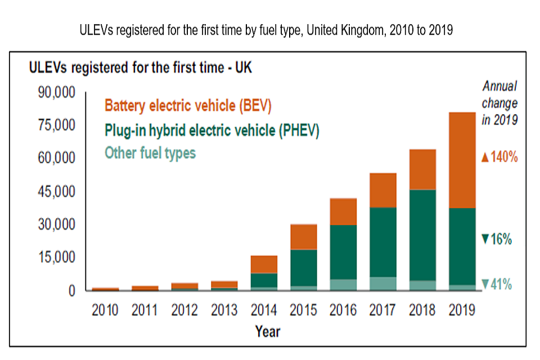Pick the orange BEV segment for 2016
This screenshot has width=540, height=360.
click(x=343, y=211)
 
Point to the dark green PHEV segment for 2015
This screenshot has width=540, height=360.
click(x=304, y=268)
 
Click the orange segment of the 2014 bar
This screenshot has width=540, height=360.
click(x=264, y=264)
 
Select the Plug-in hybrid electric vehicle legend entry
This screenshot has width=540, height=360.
click(x=211, y=130)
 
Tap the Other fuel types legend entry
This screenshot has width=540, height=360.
click(x=150, y=152)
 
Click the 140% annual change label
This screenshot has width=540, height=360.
click(x=499, y=157)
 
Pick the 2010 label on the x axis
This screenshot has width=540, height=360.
click(x=105, y=310)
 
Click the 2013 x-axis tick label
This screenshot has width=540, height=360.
click(x=224, y=310)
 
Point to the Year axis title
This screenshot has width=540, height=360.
click(x=267, y=331)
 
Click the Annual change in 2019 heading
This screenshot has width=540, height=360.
click(x=499, y=103)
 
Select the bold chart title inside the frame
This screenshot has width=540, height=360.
click(x=141, y=68)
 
